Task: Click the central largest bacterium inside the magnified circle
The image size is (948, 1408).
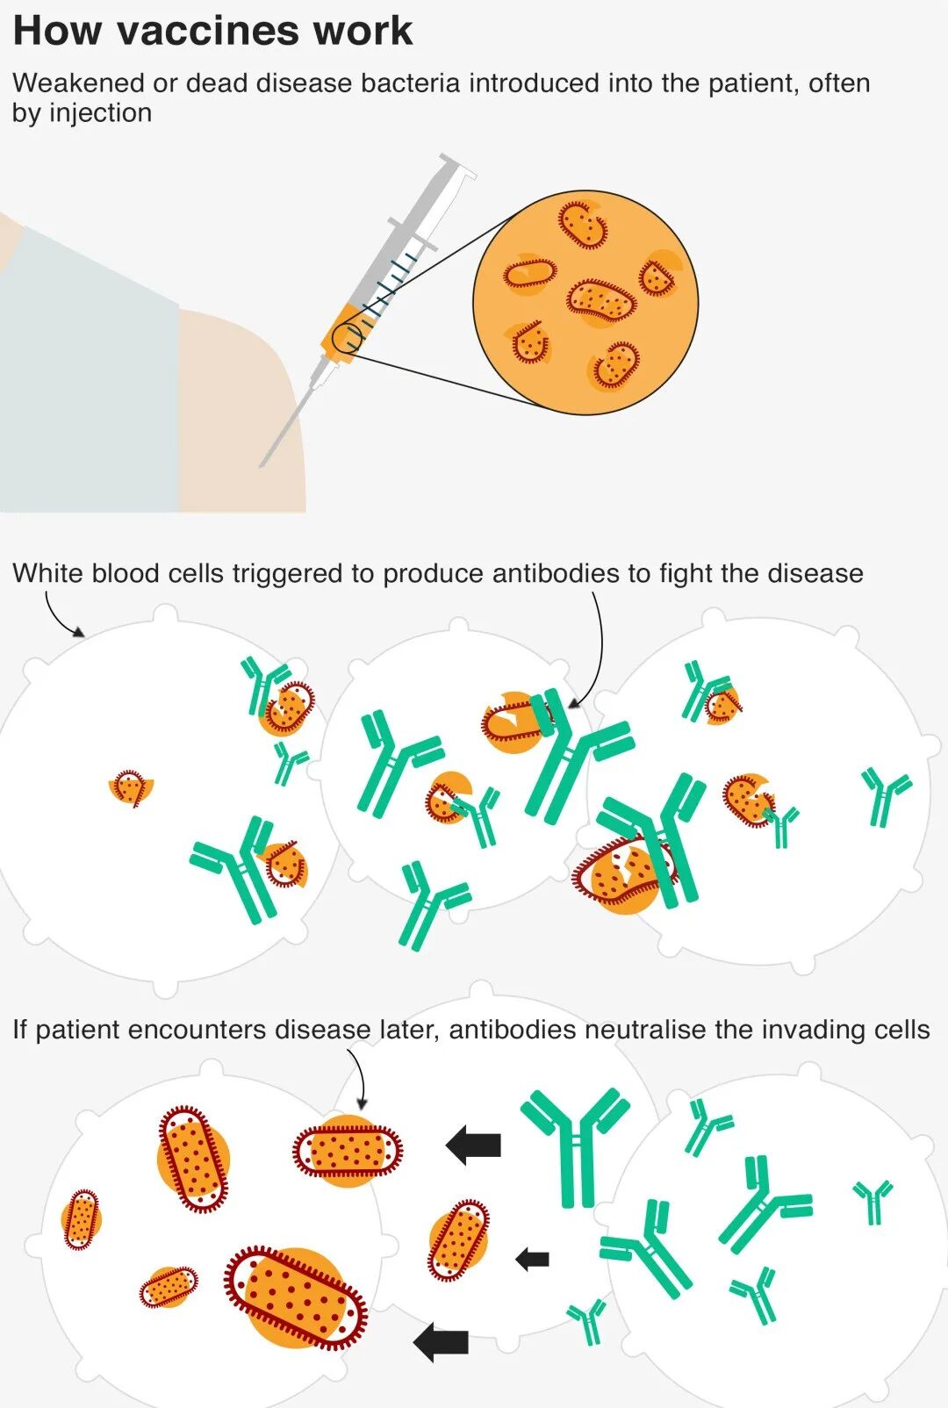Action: coord(601,300)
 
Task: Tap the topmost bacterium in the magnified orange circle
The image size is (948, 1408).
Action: coord(583,224)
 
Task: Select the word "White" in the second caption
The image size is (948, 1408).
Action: coord(48,573)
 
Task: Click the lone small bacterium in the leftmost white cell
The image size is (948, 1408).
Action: coord(130,788)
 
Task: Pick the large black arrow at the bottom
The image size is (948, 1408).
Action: coord(441,1342)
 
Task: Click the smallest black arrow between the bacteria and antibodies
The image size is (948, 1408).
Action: coord(532,1260)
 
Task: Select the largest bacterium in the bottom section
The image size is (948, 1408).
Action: coord(296,1297)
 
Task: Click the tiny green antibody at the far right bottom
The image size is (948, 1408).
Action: coord(873,1200)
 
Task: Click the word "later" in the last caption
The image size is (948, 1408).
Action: coord(407,1030)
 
